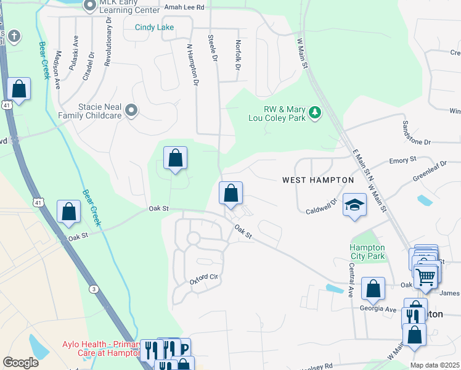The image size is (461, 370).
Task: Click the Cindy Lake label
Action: point(155,27)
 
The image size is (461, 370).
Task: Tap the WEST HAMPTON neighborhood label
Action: point(318,180)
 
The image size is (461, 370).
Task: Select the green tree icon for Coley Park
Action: point(315,112)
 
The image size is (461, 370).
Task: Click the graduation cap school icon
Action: point(354,204)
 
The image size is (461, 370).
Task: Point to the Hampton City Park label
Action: point(367,252)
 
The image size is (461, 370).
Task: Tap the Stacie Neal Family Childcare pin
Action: point(131,110)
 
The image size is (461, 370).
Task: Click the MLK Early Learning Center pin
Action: point(90,6)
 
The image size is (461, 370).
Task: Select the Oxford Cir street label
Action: point(205,278)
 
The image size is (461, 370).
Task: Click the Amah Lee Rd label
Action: point(184,7)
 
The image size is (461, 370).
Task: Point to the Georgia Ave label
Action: point(379,308)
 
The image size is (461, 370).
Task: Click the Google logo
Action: point(20,363)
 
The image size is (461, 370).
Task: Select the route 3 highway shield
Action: point(94,289)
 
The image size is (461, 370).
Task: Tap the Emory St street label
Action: point(403,161)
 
